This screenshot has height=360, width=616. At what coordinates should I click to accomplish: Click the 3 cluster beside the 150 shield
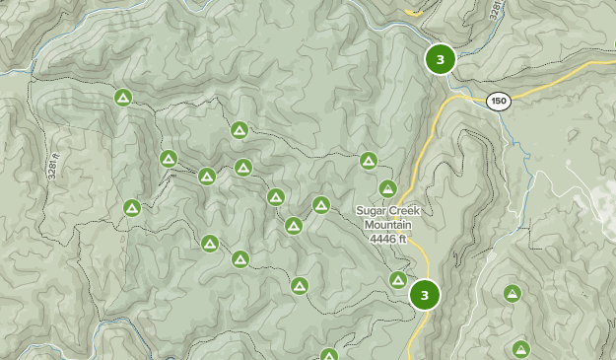pos(441,59)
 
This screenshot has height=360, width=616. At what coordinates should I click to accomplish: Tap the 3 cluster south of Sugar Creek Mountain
pos(424,294)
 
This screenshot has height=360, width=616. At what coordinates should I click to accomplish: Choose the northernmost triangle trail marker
pos(123,97)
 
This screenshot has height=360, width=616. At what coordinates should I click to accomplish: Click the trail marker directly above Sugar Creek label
pos(388,188)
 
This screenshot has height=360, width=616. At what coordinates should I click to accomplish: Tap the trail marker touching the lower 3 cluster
pos(398,280)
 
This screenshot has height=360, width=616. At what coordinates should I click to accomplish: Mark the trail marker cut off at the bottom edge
pos(329,355)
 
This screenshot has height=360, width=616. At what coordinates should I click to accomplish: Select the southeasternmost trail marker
pos(520,348)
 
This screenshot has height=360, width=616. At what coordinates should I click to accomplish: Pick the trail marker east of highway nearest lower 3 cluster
pos(513,293)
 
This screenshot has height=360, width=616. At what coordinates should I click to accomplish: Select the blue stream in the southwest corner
pos(99,340)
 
